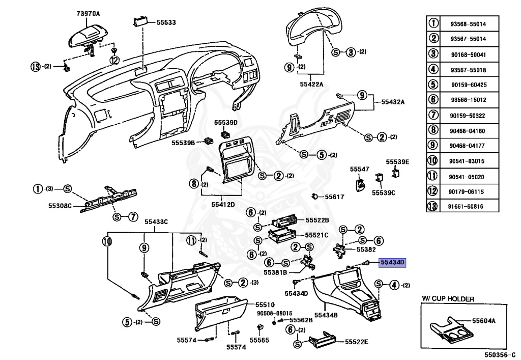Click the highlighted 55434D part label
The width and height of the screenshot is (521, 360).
click(393, 263)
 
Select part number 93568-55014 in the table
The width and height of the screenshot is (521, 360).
click(468, 24)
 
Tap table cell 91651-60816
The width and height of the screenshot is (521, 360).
click(466, 206)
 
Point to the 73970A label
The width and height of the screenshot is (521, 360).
click(88, 14)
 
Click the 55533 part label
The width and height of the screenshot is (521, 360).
click(166, 22)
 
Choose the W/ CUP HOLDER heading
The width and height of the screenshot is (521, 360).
click(448, 299)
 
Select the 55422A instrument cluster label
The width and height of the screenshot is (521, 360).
click(312, 84)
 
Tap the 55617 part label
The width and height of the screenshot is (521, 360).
click(334, 197)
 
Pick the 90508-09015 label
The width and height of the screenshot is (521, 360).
click(274, 313)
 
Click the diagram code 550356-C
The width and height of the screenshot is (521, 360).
click(498, 355)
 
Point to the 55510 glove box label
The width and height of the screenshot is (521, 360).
click(265, 304)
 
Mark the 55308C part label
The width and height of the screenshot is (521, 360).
click(60, 206)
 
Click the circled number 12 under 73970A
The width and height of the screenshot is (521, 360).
click(114, 60)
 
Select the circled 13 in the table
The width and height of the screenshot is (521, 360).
click(432, 206)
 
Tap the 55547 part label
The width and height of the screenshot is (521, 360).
click(360, 169)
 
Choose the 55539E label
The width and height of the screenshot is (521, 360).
click(397, 162)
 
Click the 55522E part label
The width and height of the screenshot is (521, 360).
click(357, 342)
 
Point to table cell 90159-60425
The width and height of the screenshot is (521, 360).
click(469, 85)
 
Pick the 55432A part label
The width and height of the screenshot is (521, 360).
click(393, 102)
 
